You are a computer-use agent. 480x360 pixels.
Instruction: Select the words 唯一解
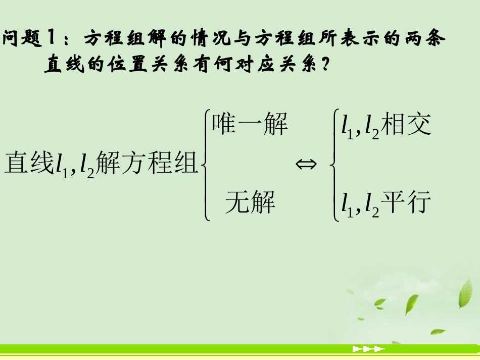(x=250, y=124)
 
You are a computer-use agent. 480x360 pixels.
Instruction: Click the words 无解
(x=250, y=203)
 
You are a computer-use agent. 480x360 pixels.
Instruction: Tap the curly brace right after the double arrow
(x=333, y=164)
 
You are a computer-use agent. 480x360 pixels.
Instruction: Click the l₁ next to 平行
(x=346, y=205)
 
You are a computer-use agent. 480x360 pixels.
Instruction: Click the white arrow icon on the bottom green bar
(x=368, y=349)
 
